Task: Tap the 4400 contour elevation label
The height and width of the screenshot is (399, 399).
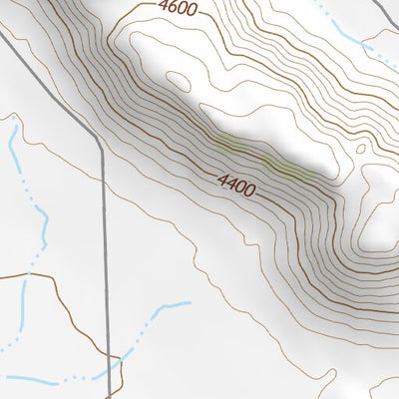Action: [x=236, y=185]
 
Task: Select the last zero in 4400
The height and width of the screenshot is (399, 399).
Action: [x=250, y=191]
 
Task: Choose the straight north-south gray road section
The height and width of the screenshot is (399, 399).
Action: [x=105, y=249]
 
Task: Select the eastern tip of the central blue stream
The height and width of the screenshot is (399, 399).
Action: [x=189, y=303]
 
